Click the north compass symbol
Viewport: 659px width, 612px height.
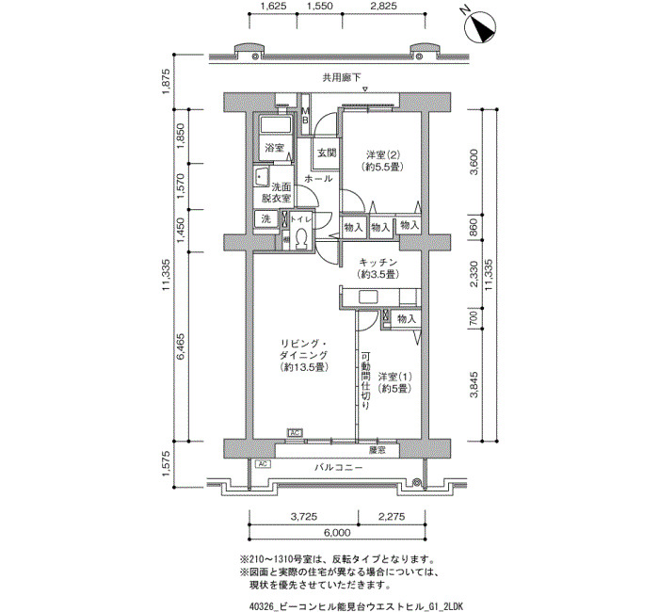click(x=479, y=27)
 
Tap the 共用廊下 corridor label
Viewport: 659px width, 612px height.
click(x=342, y=78)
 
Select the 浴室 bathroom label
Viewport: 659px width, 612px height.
click(x=274, y=148)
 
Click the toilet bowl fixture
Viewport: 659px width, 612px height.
click(x=301, y=239)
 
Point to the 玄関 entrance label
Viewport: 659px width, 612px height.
click(x=327, y=153)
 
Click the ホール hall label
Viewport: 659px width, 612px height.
click(x=318, y=179)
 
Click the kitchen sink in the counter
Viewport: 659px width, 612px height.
click(x=368, y=298)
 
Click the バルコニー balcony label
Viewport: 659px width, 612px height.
click(x=338, y=467)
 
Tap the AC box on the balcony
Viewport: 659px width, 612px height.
click(x=263, y=464)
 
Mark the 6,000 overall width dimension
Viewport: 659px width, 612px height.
click(x=337, y=533)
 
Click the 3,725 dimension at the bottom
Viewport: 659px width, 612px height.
click(x=303, y=517)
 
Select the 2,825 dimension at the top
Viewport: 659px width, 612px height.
click(x=383, y=6)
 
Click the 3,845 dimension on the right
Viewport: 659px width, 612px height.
click(x=474, y=384)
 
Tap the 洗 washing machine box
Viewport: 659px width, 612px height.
click(x=266, y=219)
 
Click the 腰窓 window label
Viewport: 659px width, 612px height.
click(x=377, y=451)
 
